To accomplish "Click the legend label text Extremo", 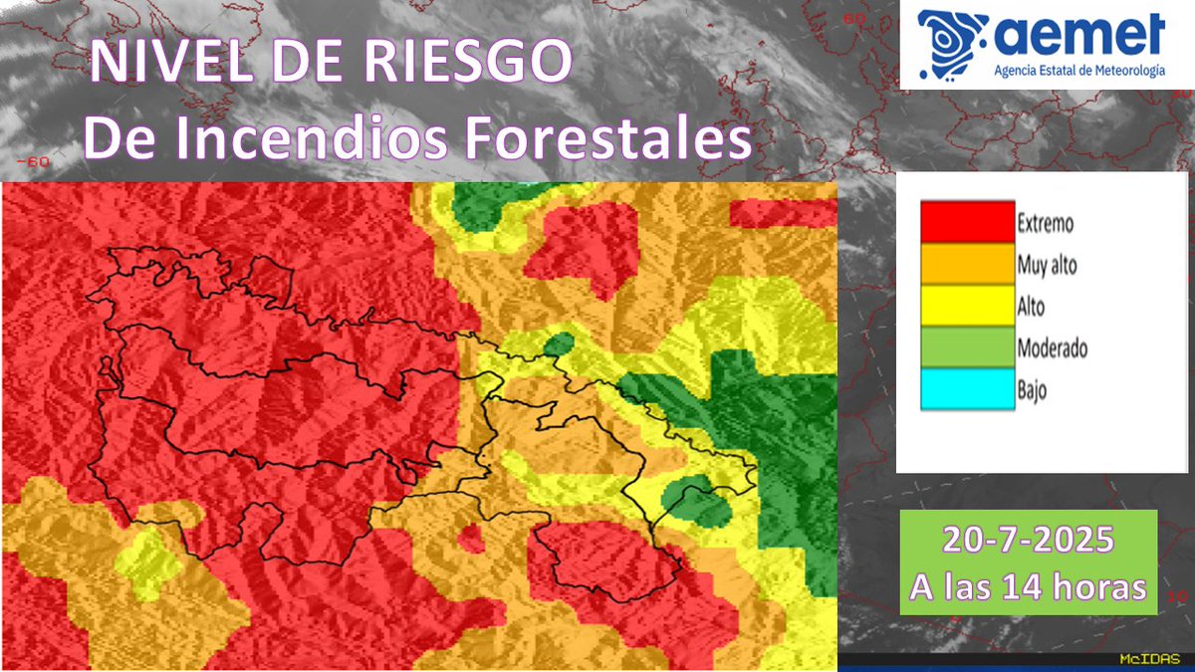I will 1045,224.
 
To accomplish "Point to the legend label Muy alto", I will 1047,266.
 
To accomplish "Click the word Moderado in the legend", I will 1052,348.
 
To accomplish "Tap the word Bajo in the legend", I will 1032,390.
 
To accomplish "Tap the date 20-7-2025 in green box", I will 1028,543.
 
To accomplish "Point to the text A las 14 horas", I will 1028,587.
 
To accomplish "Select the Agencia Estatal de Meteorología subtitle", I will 1078,72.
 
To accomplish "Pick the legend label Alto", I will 1031,308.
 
